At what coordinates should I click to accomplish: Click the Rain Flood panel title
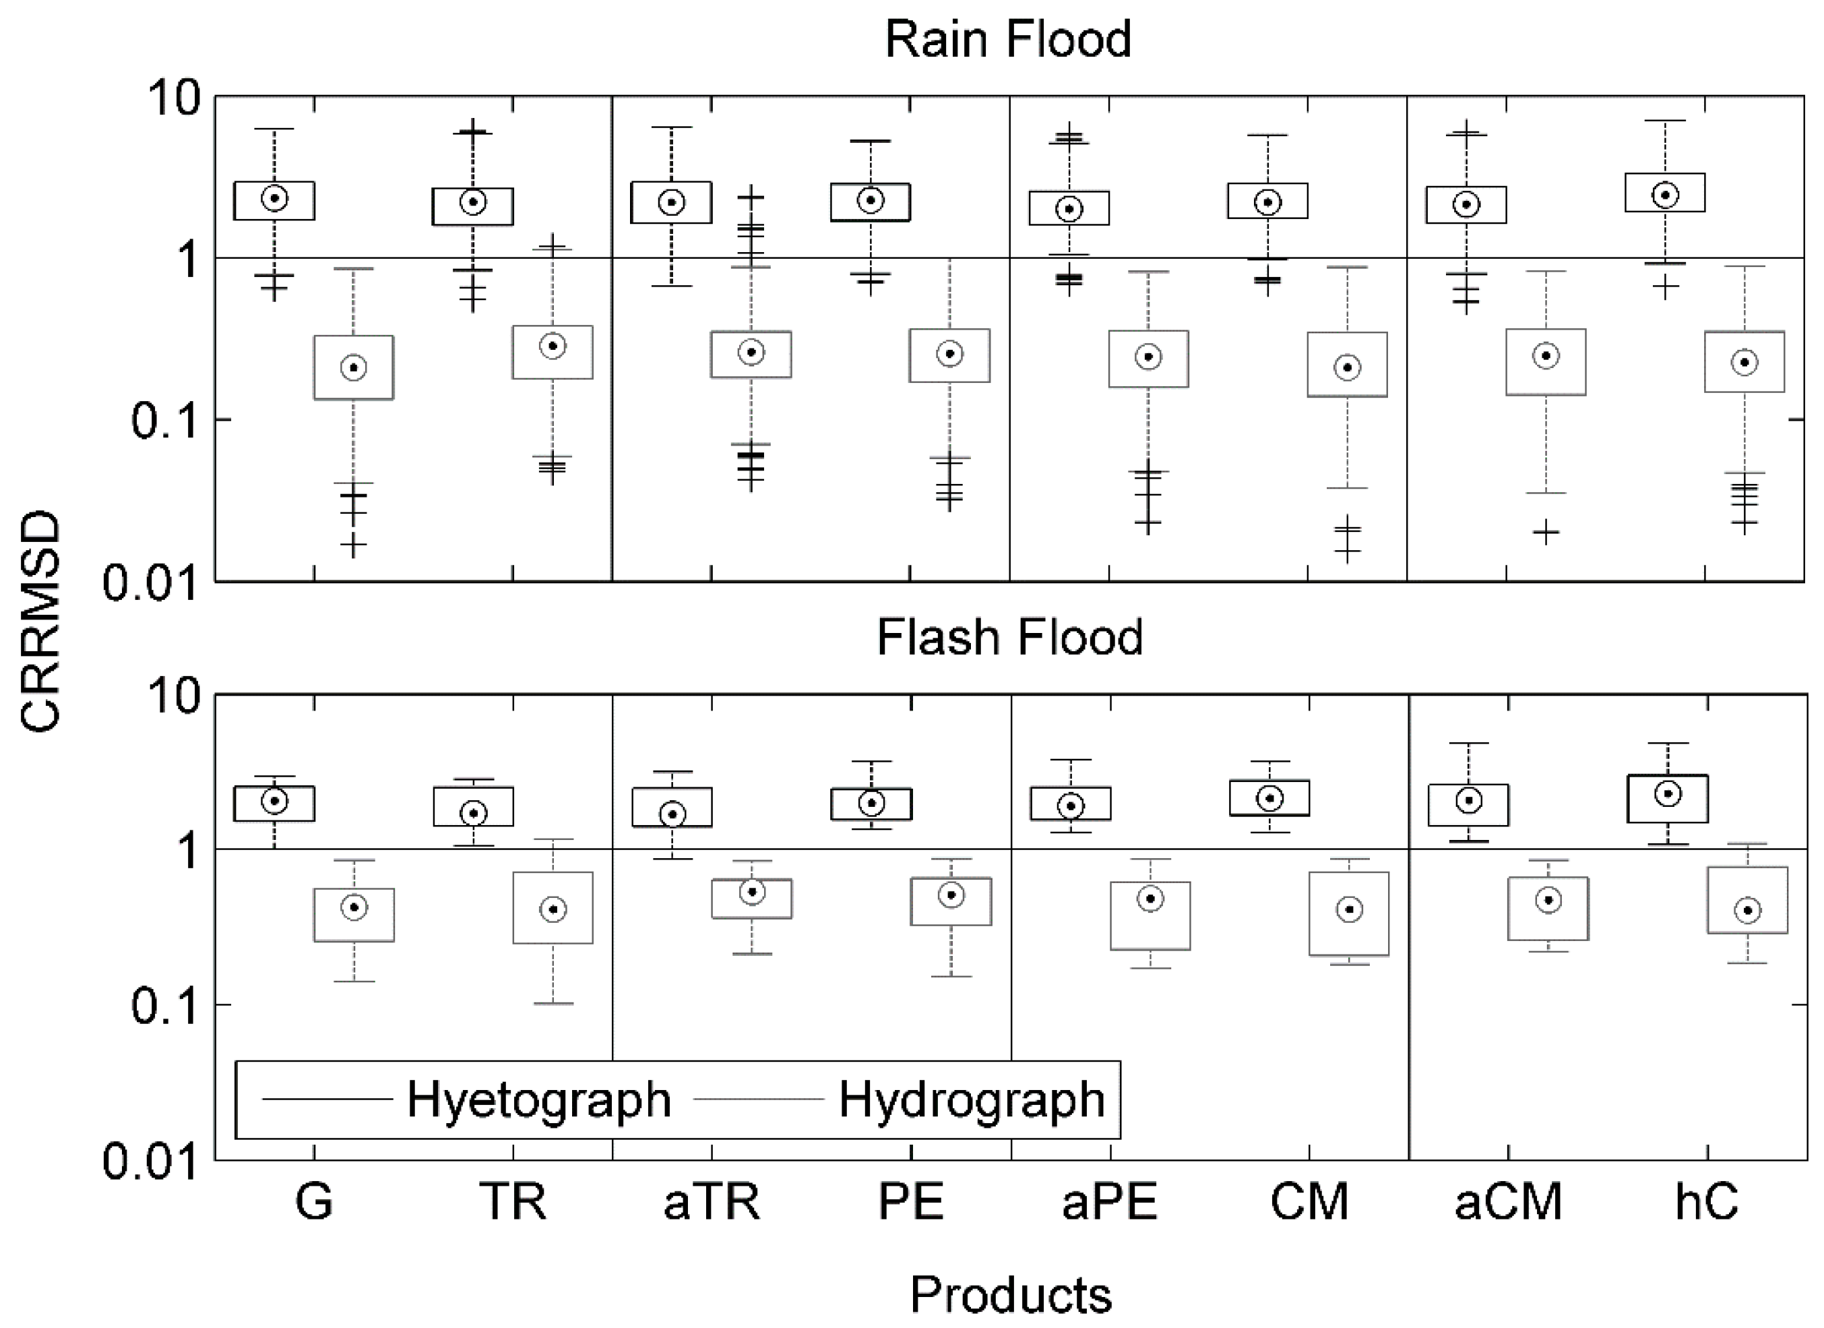[1008, 38]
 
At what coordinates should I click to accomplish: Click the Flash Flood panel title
[1009, 637]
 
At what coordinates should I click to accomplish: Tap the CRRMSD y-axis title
[40, 621]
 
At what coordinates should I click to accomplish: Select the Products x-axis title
[1010, 1295]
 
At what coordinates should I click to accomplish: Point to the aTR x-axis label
[711, 1203]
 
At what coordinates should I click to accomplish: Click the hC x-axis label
[1706, 1203]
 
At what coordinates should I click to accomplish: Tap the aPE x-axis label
[1109, 1203]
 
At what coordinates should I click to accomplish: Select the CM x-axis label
[1309, 1203]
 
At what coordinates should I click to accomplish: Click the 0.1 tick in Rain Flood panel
[164, 420]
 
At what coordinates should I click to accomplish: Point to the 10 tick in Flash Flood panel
[172, 696]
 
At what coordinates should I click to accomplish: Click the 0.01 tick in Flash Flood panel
[150, 1161]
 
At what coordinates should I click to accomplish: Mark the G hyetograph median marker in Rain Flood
[275, 198]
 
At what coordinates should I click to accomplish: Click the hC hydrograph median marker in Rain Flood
[1744, 362]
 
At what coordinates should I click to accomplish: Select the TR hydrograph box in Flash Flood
[553, 907]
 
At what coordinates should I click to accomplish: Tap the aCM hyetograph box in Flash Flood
[1468, 805]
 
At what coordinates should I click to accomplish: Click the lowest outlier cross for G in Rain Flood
[353, 545]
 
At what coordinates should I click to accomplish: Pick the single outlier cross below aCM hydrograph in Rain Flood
[1545, 532]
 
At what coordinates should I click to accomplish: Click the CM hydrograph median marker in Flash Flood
[1349, 910]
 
